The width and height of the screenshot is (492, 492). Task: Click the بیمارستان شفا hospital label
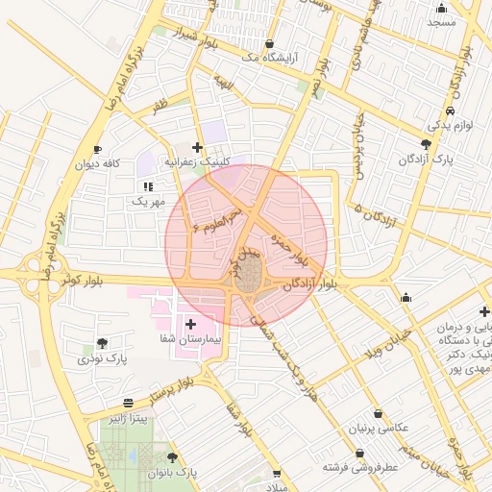click(x=191, y=340)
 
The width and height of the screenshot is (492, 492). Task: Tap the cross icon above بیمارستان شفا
click(x=190, y=324)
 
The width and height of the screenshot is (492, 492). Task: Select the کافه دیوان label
click(x=98, y=164)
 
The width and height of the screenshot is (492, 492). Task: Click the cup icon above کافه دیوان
click(x=97, y=149)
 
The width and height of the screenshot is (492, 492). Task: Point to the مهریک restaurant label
click(x=148, y=202)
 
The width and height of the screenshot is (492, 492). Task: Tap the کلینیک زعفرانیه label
click(x=199, y=162)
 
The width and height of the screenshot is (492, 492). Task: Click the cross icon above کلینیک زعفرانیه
click(x=197, y=147)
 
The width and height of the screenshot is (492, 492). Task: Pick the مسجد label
click(x=441, y=21)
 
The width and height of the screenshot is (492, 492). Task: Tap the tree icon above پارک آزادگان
click(x=427, y=143)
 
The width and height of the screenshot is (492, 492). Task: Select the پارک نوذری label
click(x=103, y=358)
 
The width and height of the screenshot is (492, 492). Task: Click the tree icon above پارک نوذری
click(x=102, y=343)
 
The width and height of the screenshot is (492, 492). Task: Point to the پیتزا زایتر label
click(x=128, y=419)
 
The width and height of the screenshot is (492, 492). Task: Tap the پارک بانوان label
click(x=172, y=473)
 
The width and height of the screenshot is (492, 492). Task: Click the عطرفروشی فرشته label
click(x=361, y=467)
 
